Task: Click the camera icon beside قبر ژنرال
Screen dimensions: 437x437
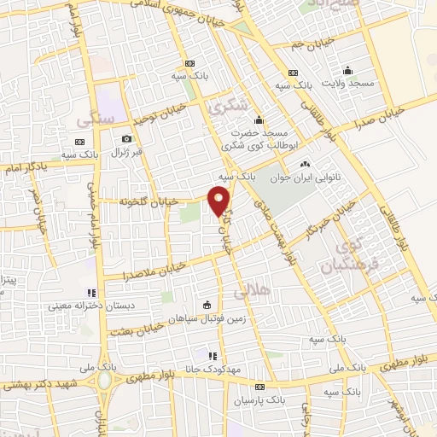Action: [x=127, y=139]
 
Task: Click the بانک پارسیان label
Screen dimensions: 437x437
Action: [x=258, y=399]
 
